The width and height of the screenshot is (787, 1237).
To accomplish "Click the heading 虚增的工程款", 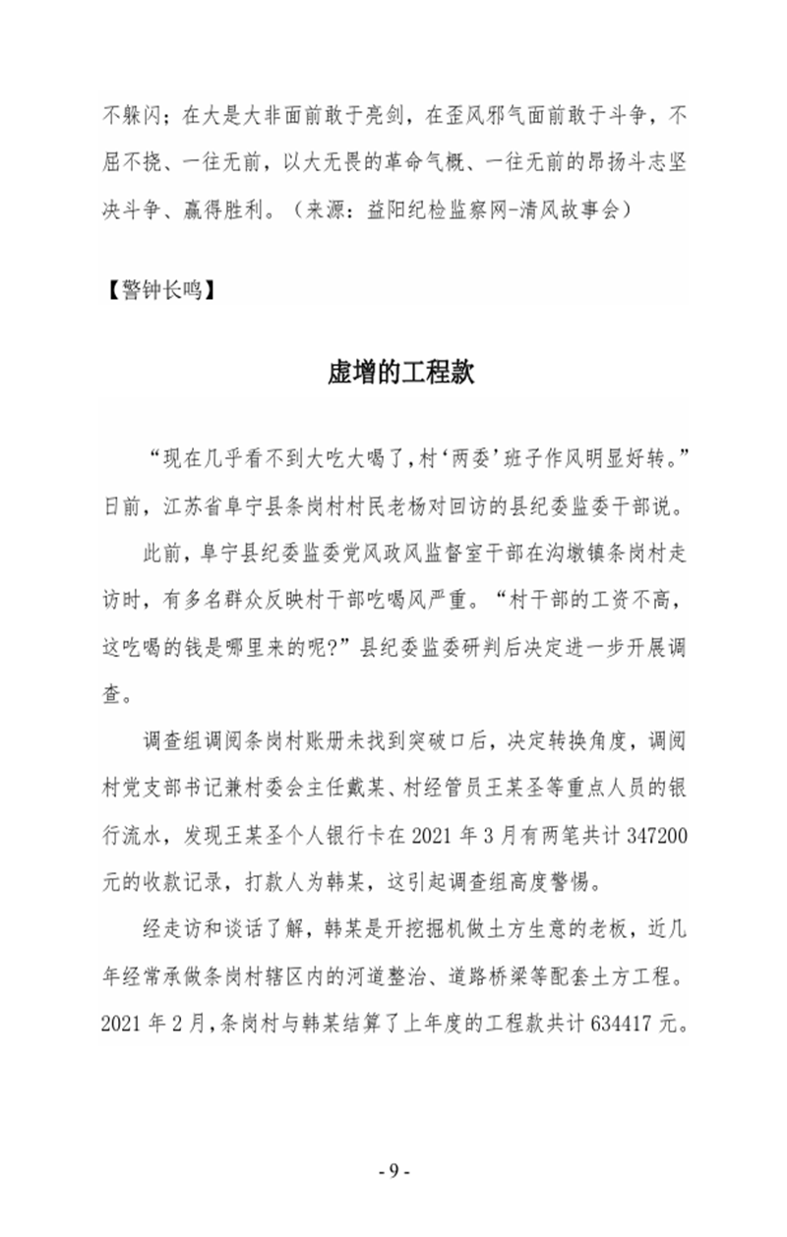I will [401, 375].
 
